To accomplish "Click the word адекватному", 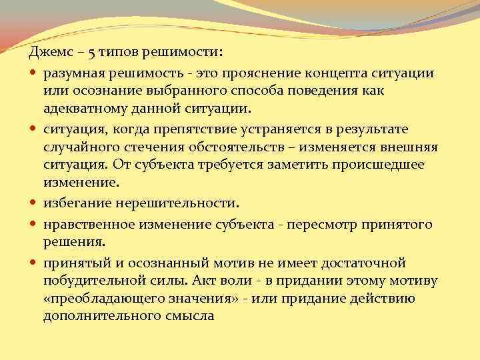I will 83,108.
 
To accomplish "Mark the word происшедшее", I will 383,164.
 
